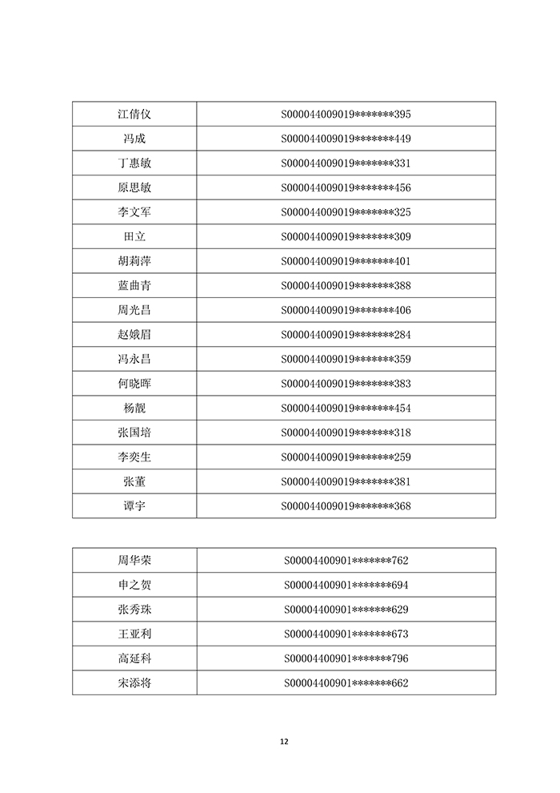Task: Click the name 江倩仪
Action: point(134,115)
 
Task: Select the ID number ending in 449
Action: point(346,139)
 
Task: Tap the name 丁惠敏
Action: point(134,163)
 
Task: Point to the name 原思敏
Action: point(134,188)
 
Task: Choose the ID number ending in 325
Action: point(346,212)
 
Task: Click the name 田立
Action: point(134,237)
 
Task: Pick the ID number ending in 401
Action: point(346,261)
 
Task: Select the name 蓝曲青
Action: point(134,286)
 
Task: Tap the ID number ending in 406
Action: point(346,310)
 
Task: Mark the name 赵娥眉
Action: point(134,335)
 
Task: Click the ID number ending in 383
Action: point(346,384)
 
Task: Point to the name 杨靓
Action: point(134,409)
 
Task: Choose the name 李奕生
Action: point(134,457)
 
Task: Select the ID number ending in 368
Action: point(346,506)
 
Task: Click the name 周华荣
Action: point(134,561)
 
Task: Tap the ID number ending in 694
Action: point(346,585)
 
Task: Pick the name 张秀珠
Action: point(134,610)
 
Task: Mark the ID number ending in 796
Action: point(346,658)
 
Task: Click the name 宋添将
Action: point(134,683)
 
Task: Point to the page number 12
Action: point(284,741)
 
